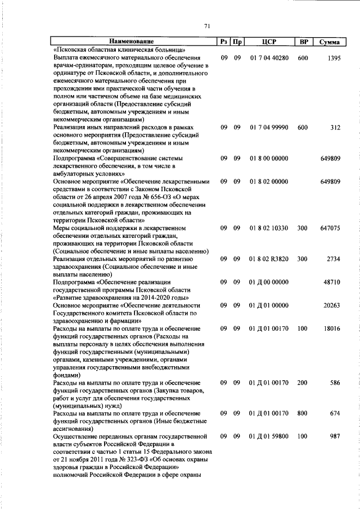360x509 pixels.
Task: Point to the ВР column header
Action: click(x=303, y=42)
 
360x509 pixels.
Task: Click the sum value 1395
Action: click(x=334, y=58)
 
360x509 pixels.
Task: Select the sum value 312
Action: click(x=335, y=128)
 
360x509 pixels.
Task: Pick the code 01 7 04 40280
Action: click(x=269, y=58)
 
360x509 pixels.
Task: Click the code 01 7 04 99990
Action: click(x=269, y=128)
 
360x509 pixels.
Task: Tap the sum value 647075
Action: click(x=330, y=228)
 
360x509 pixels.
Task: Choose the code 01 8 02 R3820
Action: click(x=269, y=259)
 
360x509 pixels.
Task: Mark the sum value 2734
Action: click(x=334, y=259)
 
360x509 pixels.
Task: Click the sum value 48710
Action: click(x=332, y=282)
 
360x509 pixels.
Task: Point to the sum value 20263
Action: click(x=332, y=305)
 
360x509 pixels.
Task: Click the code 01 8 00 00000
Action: click(x=269, y=159)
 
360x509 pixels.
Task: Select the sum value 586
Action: click(x=335, y=382)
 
